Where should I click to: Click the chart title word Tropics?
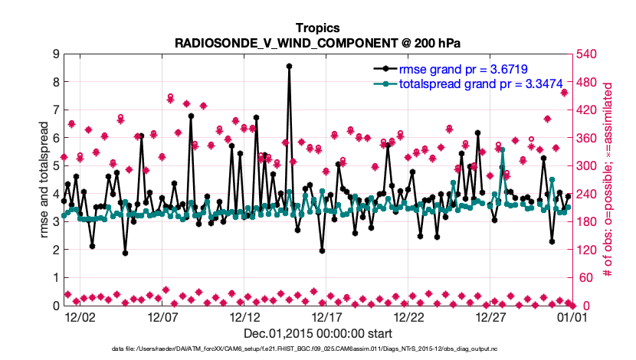pyautogui.click(x=317, y=28)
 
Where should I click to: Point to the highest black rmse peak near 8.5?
pyautogui.click(x=289, y=67)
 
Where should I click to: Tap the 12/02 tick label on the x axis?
pyautogui.click(x=80, y=316)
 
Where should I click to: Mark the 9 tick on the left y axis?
pyautogui.click(x=56, y=54)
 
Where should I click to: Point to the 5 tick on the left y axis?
pyautogui.click(x=56, y=165)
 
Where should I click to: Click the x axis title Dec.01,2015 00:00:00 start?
pyautogui.click(x=317, y=333)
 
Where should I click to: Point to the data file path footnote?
pyautogui.click(x=317, y=349)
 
